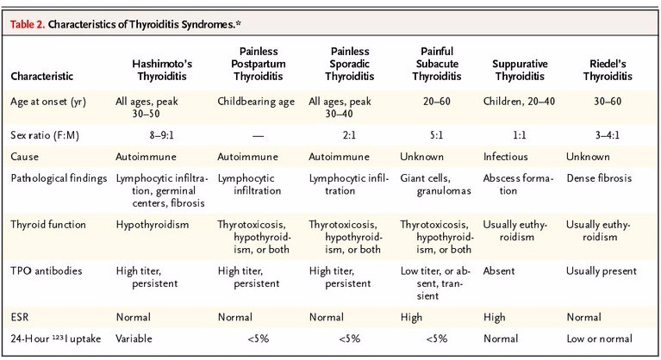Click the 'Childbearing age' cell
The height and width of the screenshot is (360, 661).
256,101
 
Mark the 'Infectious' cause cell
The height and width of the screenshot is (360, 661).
507,157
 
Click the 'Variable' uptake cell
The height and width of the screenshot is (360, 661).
136,338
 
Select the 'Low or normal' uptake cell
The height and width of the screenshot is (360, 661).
600,338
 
